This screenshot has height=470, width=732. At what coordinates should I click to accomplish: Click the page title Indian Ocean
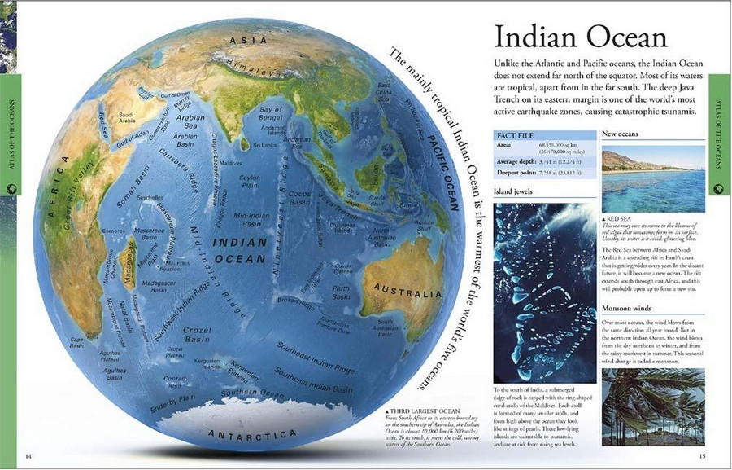581,37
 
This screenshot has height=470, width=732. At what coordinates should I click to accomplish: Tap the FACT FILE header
516,134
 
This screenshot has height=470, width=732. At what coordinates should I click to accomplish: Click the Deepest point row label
519,174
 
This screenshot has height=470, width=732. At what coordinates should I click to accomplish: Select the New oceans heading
620,134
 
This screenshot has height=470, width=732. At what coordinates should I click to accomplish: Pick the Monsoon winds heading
626,309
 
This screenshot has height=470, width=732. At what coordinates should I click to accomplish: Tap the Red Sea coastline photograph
653,178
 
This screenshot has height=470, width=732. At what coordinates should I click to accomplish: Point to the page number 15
702,455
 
